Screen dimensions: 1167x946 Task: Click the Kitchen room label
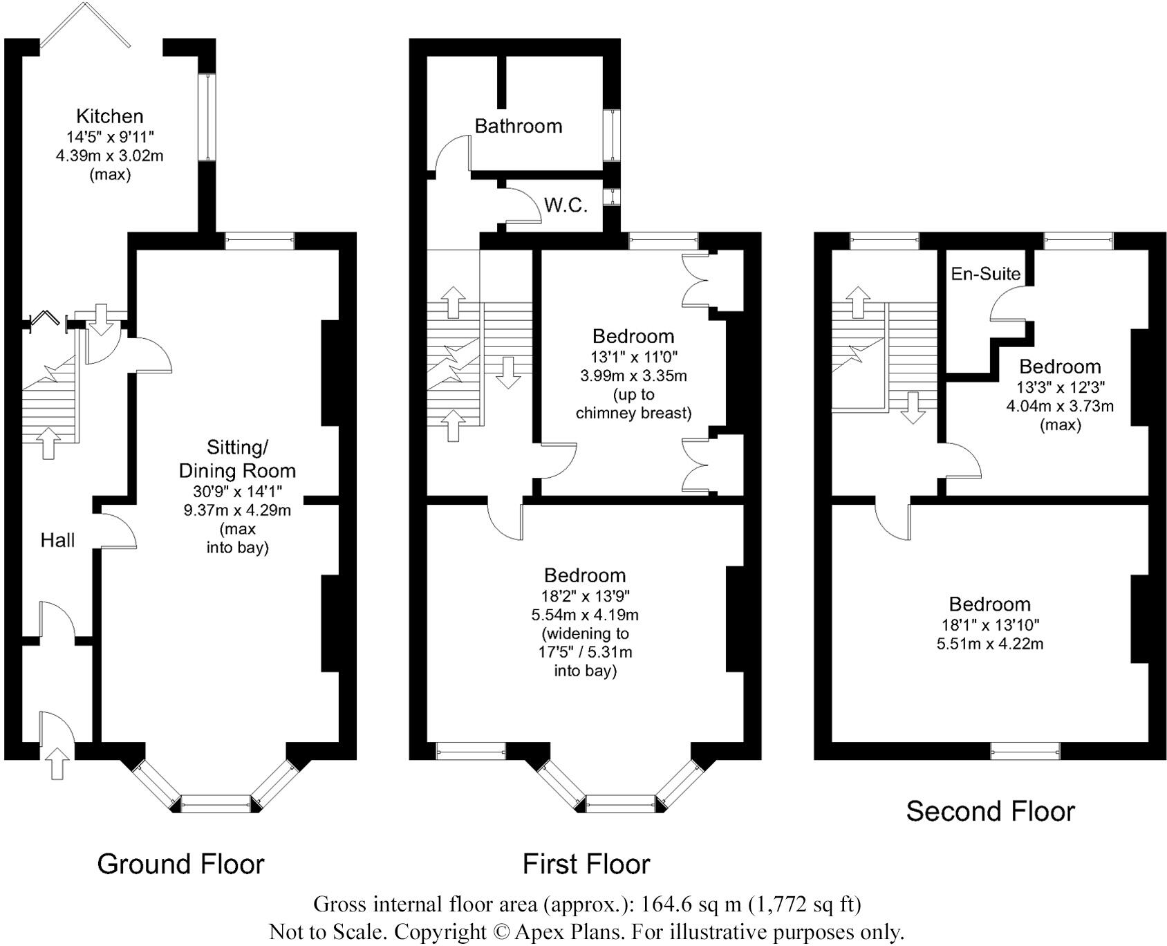109,116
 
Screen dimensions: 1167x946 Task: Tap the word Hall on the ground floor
57,540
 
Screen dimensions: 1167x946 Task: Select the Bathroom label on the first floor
519,126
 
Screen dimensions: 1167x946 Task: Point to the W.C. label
566,205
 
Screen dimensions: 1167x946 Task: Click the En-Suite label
986,274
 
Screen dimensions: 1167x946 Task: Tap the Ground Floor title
181,864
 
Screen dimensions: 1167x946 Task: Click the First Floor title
586,864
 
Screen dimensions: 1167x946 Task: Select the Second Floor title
991,811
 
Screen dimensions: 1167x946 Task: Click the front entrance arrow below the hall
57,763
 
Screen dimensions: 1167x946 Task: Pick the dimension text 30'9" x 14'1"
237,492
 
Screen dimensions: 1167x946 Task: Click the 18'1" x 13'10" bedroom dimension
990,626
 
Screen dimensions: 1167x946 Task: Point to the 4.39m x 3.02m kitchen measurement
110,156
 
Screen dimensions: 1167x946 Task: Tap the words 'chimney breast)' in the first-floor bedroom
633,414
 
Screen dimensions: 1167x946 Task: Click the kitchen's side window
207,118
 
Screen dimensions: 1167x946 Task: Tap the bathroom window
612,136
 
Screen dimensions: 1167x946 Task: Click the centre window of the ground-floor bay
215,804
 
